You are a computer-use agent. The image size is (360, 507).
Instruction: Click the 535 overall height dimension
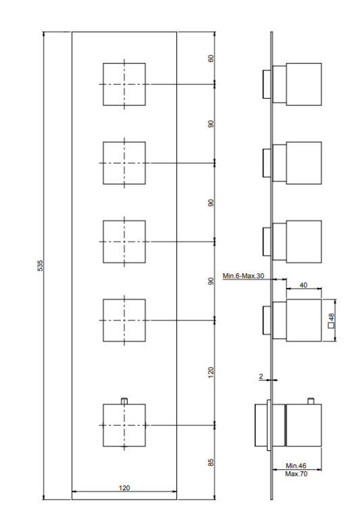coord(40,265)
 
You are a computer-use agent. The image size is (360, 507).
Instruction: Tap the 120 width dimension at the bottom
coord(124,487)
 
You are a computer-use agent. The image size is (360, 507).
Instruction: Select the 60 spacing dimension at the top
coord(211,59)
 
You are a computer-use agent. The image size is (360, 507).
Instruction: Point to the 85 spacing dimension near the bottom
coord(211,462)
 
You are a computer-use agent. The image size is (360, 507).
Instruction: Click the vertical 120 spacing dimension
coord(211,372)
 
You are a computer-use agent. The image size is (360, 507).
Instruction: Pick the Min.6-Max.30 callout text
coord(243,276)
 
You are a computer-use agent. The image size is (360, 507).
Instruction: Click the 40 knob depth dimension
coord(303,285)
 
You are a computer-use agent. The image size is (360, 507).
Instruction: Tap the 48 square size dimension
coord(331,317)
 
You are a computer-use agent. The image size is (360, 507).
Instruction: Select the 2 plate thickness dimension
coord(261,376)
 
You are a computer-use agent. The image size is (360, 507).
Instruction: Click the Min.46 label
coord(296,466)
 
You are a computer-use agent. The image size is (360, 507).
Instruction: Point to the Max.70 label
coord(297,474)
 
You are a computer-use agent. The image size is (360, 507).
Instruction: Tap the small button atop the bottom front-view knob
coord(124,401)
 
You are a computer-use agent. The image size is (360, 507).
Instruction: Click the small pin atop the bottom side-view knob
coord(311,401)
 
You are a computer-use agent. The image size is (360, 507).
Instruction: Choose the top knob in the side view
coord(292,84)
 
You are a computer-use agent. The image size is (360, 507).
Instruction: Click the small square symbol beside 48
coord(331,326)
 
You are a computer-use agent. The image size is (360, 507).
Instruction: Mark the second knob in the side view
coord(292,163)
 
